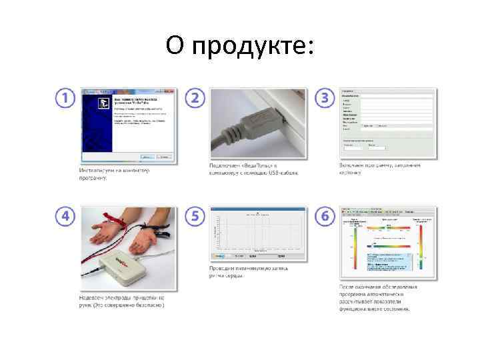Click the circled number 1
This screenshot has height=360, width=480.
65,98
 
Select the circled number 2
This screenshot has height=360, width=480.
194,98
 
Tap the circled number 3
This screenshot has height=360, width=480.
324,98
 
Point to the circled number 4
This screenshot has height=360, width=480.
65,217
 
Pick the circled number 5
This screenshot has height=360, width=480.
194,217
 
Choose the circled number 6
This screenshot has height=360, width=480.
324,217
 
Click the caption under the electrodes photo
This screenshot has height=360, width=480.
121,301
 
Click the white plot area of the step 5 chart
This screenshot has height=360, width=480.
261,233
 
